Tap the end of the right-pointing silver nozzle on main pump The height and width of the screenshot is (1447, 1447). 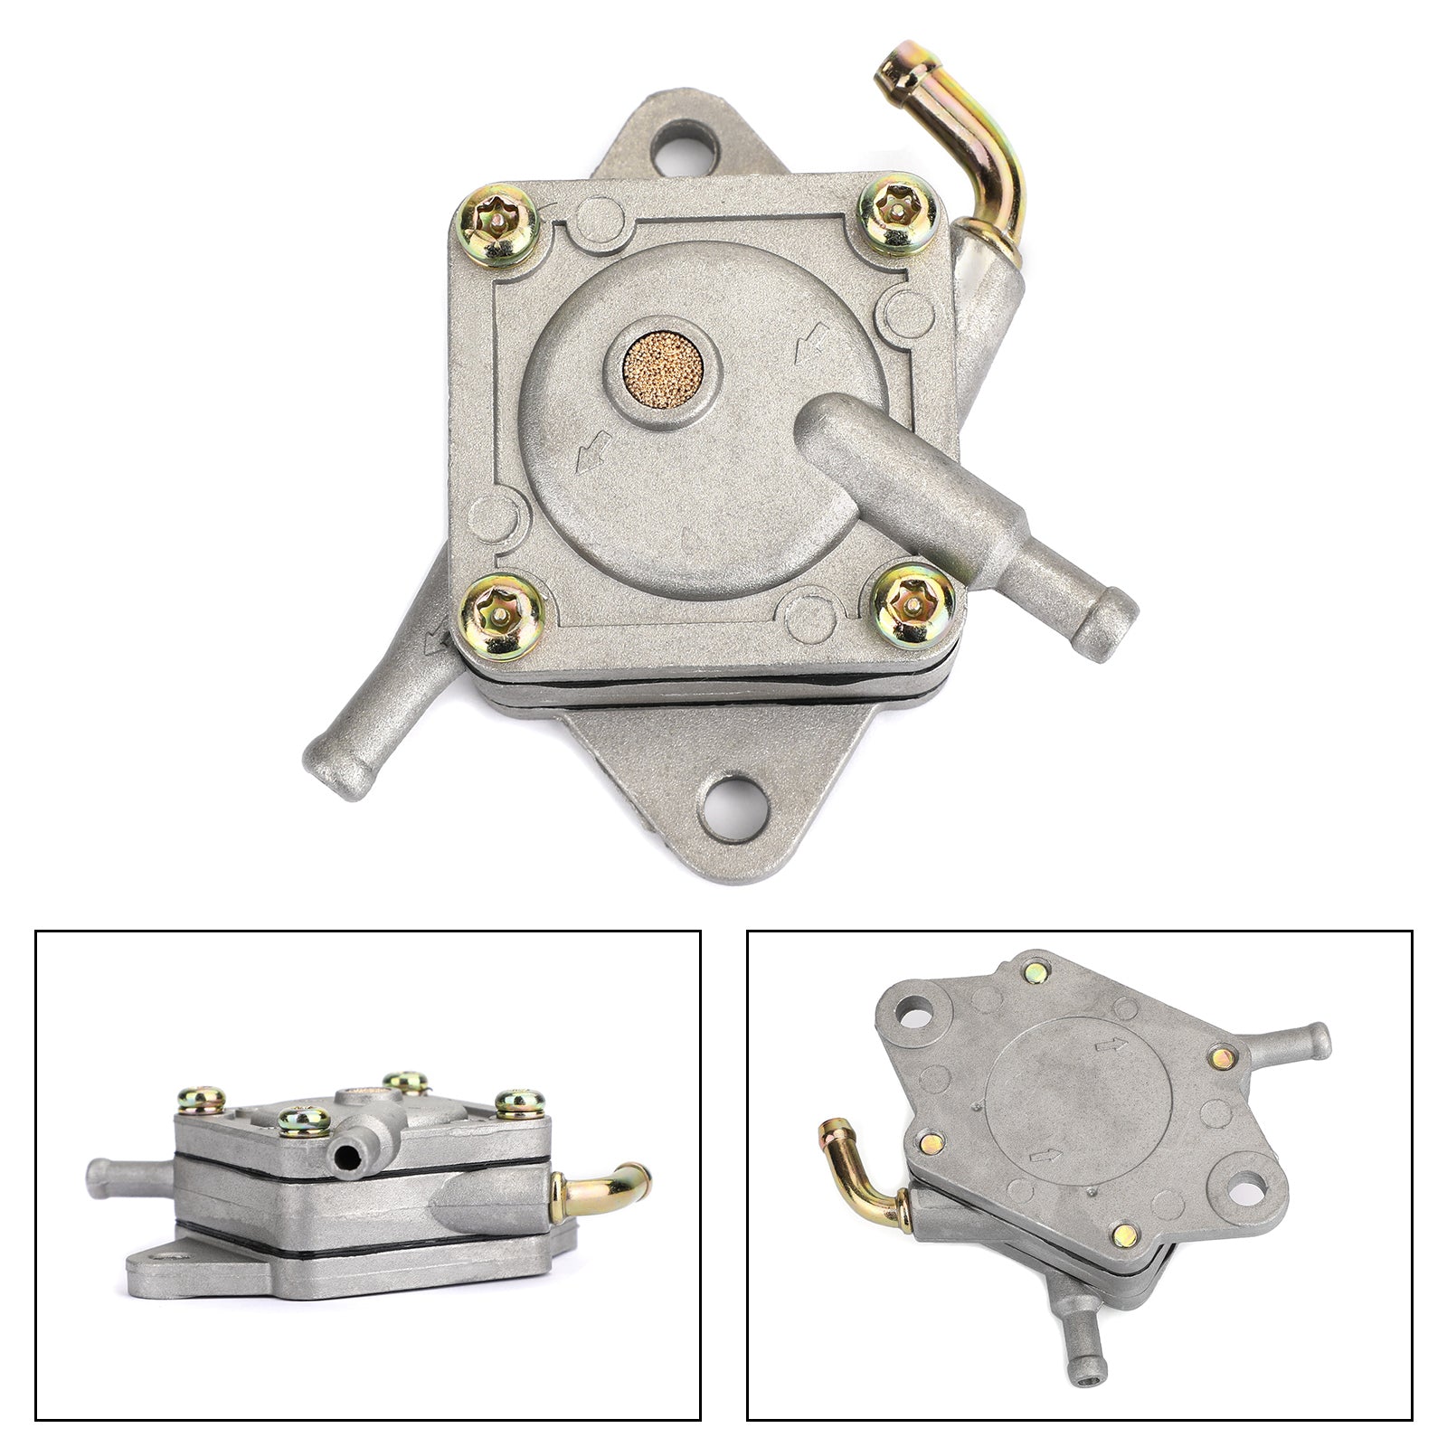(x=1116, y=610)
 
